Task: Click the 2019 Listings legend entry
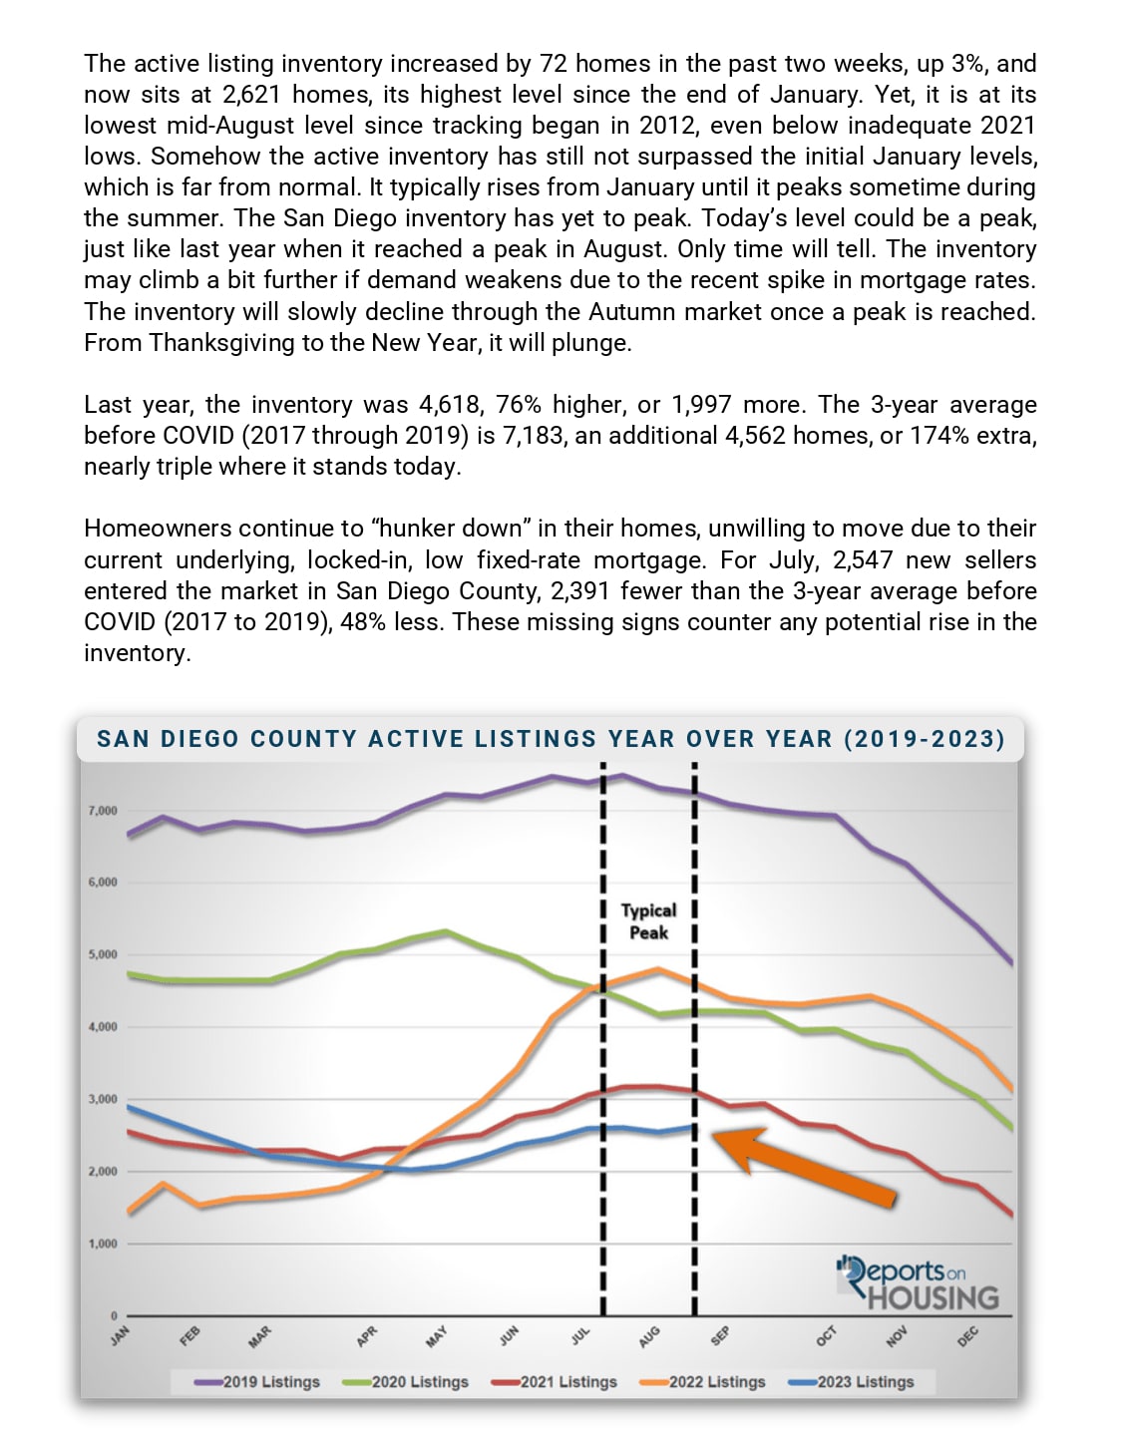pos(259,1382)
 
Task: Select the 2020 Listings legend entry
pos(407,1382)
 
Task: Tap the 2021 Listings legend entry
pos(556,1382)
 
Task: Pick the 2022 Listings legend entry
pos(704,1382)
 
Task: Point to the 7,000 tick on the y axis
pos(103,811)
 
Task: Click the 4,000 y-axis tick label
pos(103,1027)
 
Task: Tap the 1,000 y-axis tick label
pos(103,1245)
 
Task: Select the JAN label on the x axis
pos(121,1335)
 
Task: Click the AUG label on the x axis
pos(649,1336)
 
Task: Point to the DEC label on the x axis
pos(967,1336)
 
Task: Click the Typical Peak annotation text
pos(648,921)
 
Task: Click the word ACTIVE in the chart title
pos(416,739)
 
